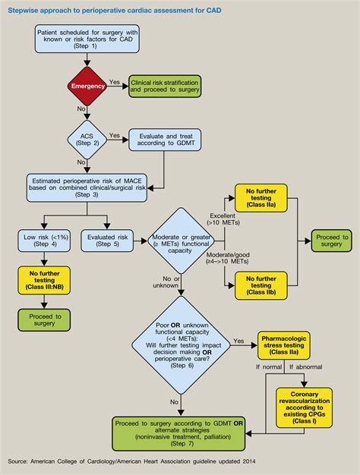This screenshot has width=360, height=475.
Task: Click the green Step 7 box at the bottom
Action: pos(178,431)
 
